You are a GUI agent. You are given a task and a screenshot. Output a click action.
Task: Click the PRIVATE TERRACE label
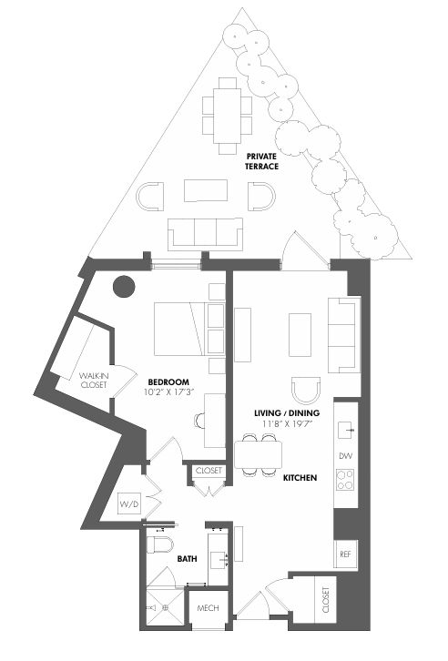pyautogui.click(x=261, y=161)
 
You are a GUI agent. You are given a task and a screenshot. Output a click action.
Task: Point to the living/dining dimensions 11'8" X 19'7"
pyautogui.click(x=287, y=423)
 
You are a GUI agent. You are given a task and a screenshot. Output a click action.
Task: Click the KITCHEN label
pyautogui.click(x=300, y=478)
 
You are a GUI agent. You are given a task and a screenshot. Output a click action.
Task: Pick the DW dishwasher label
pyautogui.click(x=346, y=456)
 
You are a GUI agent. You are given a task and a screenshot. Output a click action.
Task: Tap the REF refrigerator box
pyautogui.click(x=346, y=554)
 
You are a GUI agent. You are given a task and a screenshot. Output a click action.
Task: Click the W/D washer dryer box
pyautogui.click(x=129, y=503)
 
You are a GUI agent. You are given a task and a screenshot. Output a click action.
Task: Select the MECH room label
pyautogui.click(x=209, y=608)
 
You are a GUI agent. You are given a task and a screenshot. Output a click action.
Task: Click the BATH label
pyautogui.click(x=188, y=558)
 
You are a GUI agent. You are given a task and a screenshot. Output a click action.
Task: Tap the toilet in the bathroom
pyautogui.click(x=159, y=544)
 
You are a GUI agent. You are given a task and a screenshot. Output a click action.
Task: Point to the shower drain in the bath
pyautogui.click(x=166, y=607)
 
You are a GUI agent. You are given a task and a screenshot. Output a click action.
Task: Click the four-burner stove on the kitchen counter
pyautogui.click(x=345, y=480)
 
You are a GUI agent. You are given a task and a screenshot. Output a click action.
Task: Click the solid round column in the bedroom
pyautogui.click(x=124, y=286)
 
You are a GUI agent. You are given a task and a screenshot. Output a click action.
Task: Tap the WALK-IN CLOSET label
pyautogui.click(x=94, y=380)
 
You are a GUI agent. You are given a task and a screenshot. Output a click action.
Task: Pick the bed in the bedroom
pyautogui.click(x=180, y=329)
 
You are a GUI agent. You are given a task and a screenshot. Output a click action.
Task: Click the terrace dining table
pyautogui.click(x=227, y=116)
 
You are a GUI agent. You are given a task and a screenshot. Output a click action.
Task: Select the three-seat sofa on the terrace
pyautogui.click(x=205, y=233)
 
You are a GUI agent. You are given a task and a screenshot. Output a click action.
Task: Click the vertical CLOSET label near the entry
pyautogui.click(x=326, y=600)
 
